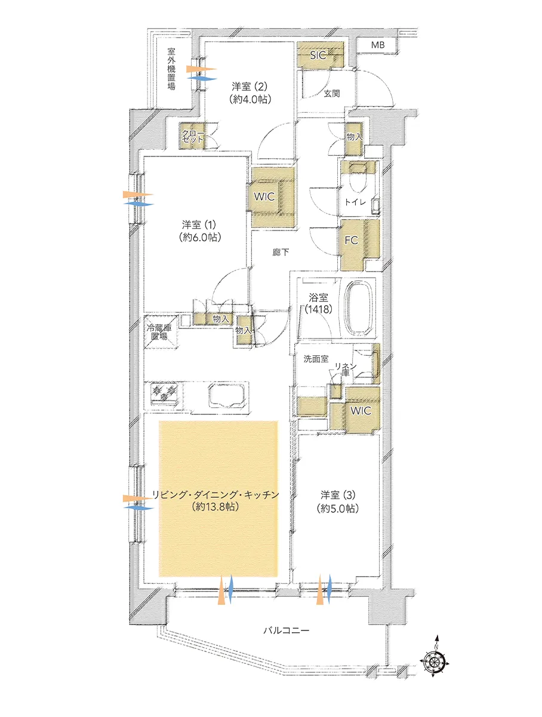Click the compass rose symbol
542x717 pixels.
pos(435,662)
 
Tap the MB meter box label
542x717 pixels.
pos(378,45)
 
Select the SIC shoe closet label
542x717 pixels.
pos(318,55)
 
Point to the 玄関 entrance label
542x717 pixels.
pos(332,94)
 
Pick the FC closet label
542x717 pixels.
pos(352,241)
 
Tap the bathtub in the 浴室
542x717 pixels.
pos(359,307)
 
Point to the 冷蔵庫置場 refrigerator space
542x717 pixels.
pos(161,332)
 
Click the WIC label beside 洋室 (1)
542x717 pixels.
pos(264,196)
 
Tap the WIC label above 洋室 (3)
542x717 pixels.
pos(361,411)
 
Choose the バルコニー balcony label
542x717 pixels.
pos(286,630)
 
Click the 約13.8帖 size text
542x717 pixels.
pos(215,507)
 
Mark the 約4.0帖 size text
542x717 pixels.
pos(250,99)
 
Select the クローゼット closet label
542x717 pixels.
pos(193,136)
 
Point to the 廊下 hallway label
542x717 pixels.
pos(281,252)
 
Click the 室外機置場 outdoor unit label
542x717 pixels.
pos(171,69)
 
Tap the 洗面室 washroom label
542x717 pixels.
pos(316,359)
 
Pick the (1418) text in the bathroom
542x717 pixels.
pos(318,309)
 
